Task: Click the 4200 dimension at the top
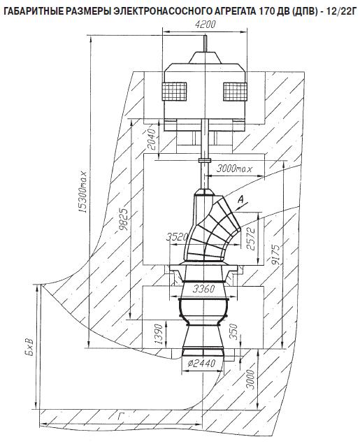point(206,24)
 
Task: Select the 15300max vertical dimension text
point(84,192)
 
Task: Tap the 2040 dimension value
point(152,139)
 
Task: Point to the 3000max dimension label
point(234,169)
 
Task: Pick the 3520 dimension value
point(177,236)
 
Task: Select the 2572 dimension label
point(251,238)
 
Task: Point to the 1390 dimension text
point(159,334)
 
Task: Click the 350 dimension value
point(233,332)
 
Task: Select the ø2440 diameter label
point(202,363)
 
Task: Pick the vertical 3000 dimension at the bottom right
point(250,379)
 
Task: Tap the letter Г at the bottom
point(120,416)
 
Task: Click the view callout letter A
point(240,200)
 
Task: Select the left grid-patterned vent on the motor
point(174,92)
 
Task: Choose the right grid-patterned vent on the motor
point(235,92)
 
